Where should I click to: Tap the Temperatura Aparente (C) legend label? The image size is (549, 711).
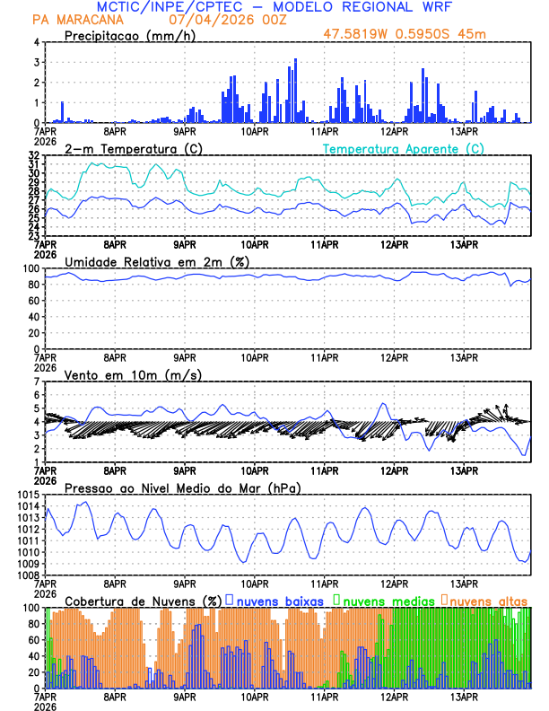tap(403, 148)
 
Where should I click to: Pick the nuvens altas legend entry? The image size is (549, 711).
tap(488, 600)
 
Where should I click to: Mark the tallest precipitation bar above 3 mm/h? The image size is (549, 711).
tap(295, 90)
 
